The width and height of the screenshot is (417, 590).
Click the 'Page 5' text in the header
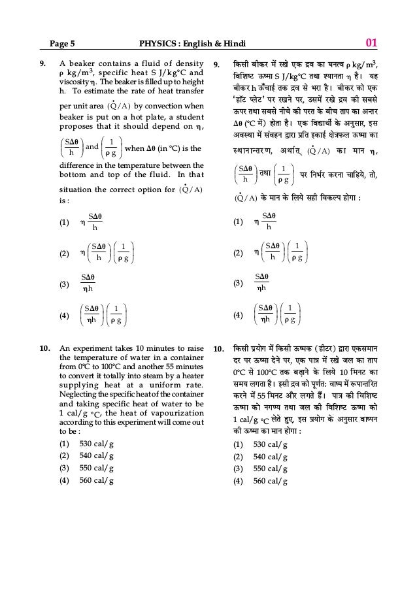pos(63,44)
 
